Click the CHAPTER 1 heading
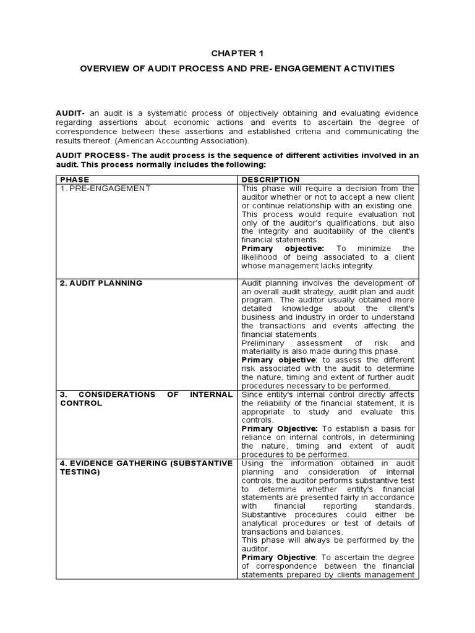[237, 53]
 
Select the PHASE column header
[75, 179]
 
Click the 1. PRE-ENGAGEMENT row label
[105, 188]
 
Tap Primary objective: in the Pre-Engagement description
[274, 248]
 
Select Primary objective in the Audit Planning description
[273, 360]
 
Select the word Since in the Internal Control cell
[252, 394]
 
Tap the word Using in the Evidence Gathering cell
[252, 463]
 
